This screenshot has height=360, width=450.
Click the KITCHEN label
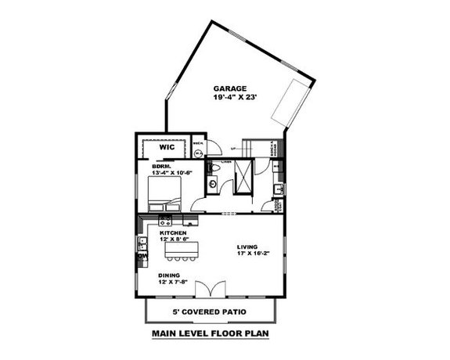pos(173,233)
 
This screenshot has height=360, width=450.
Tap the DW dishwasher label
pos(142,256)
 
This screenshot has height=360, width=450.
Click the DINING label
pos(169,275)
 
